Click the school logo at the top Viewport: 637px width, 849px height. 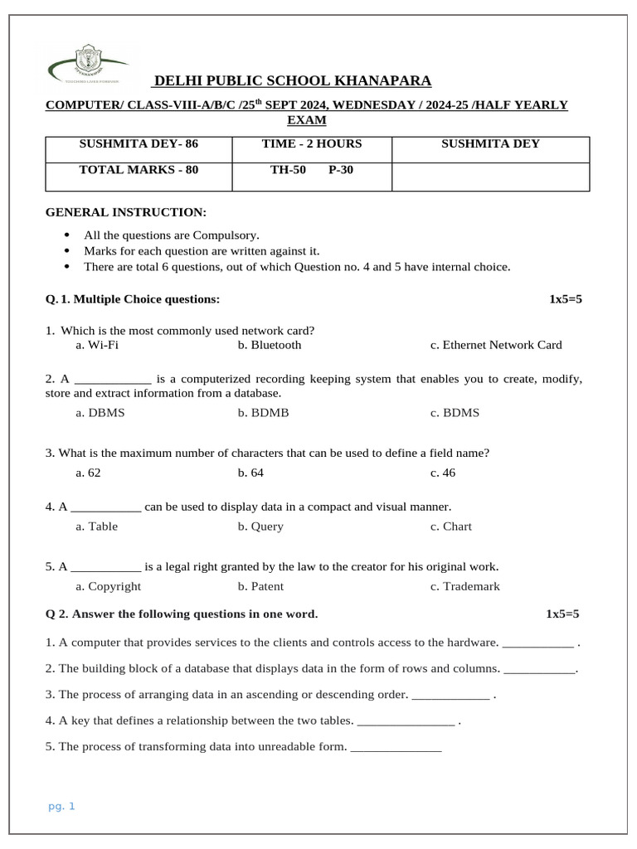coord(87,65)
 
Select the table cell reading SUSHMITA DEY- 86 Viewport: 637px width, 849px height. coord(139,144)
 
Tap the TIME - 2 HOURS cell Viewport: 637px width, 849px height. coord(312,144)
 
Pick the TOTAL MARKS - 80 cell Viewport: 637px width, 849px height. coord(139,170)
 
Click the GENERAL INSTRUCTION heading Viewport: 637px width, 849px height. coord(126,213)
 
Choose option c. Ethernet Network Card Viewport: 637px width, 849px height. coord(495,345)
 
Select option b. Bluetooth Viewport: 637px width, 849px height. coord(270,345)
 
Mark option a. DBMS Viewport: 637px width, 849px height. coord(100,413)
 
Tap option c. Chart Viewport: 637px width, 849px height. coord(451,526)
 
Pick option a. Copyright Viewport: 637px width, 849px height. coord(108,586)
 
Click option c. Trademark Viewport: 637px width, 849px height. coord(464,586)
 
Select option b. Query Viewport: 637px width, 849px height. coord(260,526)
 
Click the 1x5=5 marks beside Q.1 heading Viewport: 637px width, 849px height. coord(566,299)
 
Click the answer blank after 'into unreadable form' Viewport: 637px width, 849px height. coord(396,748)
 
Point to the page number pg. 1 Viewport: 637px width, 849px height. coord(61,806)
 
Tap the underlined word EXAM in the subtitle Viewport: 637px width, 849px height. coord(306,121)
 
